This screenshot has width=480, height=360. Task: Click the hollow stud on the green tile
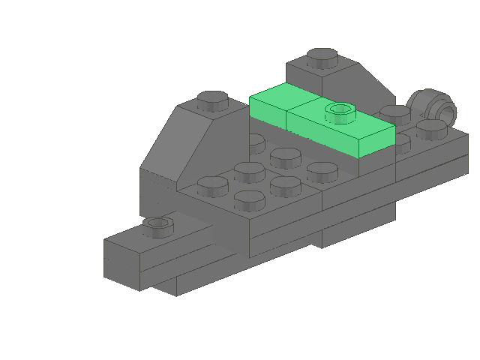pyautogui.click(x=340, y=112)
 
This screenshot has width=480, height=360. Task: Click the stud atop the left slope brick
pyautogui.click(x=213, y=99)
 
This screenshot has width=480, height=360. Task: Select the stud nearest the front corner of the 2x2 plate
pyautogui.click(x=249, y=199)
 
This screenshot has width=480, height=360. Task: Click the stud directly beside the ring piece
pyautogui.click(x=431, y=127)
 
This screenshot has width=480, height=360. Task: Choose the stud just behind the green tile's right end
pyautogui.click(x=394, y=114)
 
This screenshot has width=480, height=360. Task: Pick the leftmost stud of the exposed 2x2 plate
pyautogui.click(x=213, y=184)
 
